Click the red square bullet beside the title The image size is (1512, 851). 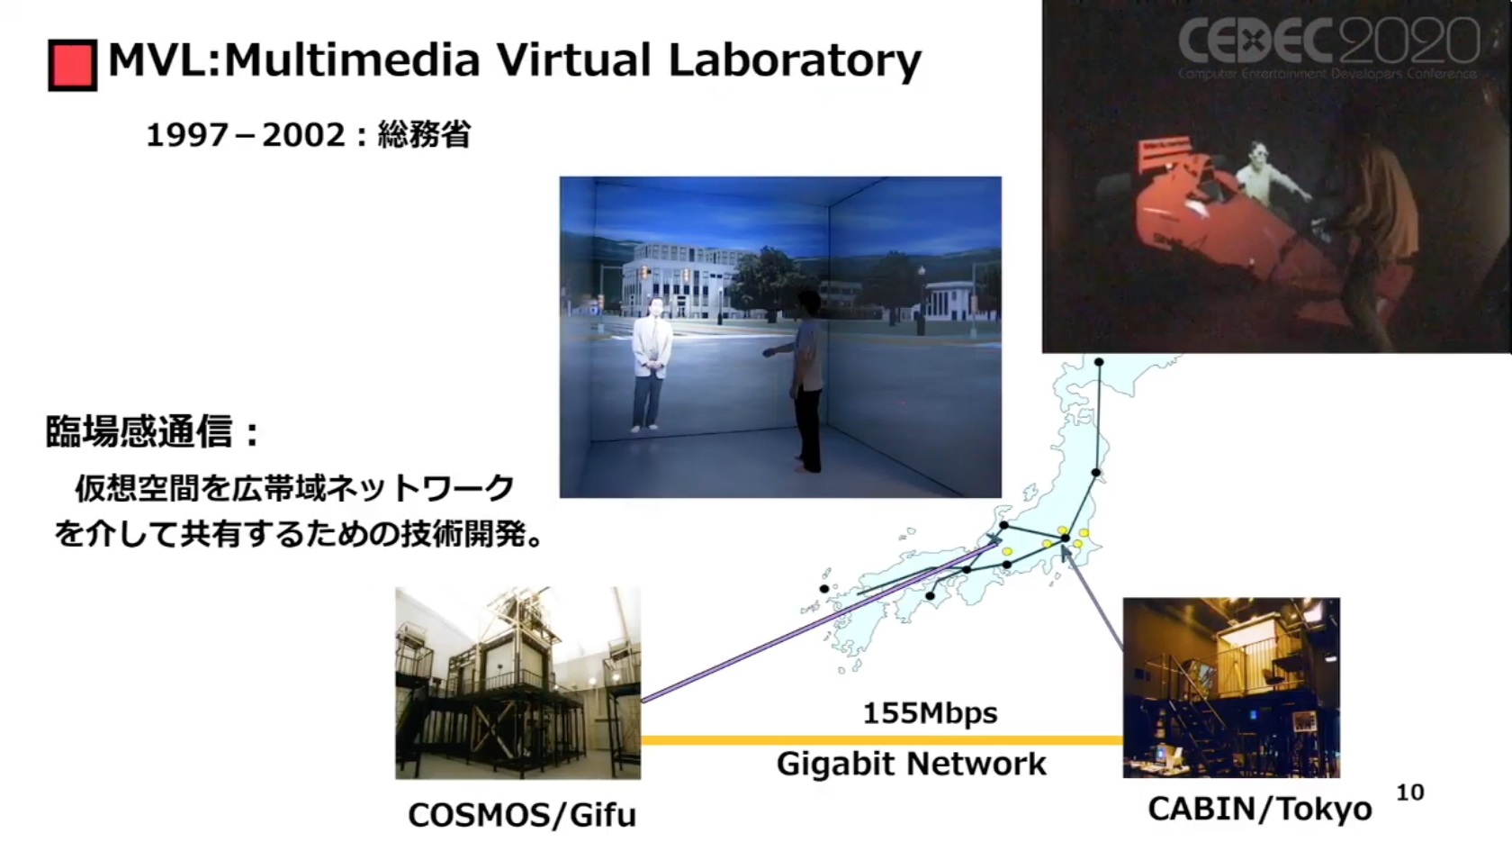pos(72,65)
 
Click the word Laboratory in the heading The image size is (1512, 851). pos(795,61)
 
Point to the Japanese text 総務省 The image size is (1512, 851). pos(424,134)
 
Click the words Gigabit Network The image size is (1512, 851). pos(911,764)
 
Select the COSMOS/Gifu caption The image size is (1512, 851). pos(522,815)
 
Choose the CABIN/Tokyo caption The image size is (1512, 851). pos(1260,809)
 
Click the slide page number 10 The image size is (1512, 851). pos(1410,792)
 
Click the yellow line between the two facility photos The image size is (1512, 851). pos(882,740)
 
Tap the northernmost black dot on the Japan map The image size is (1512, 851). pos(1099,363)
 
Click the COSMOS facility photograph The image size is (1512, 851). pos(517,683)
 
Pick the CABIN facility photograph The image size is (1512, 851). pos(1231,688)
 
